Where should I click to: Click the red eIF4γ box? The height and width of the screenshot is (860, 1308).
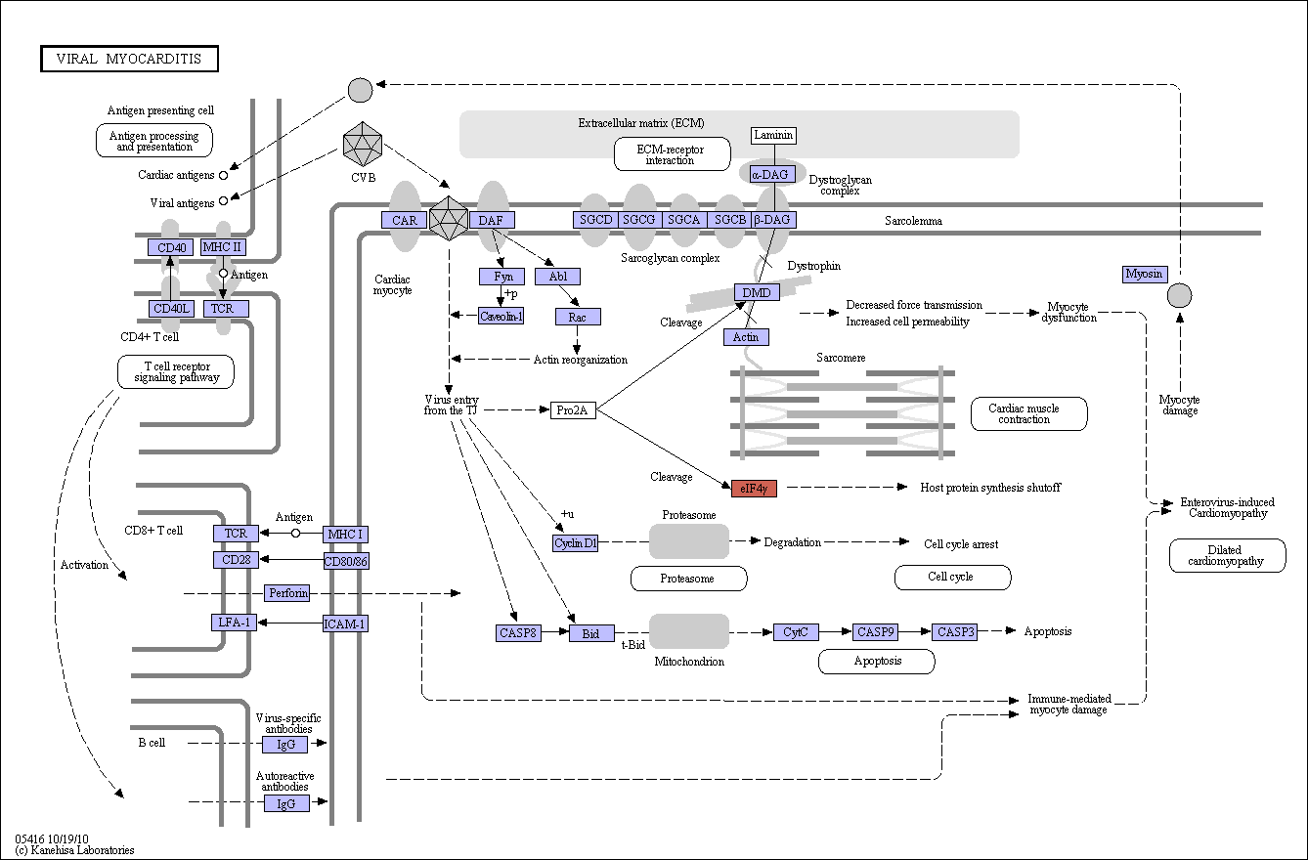tap(754, 488)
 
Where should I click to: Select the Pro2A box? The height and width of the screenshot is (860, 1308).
tap(573, 410)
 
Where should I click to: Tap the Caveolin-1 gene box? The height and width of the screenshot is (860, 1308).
tap(501, 317)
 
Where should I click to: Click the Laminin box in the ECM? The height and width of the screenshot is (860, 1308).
tap(773, 136)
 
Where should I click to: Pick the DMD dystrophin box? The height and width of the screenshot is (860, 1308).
tap(757, 292)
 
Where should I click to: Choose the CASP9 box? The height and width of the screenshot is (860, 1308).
tap(875, 631)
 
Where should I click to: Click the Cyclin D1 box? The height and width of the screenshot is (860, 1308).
tap(575, 543)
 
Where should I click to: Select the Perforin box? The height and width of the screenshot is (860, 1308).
tap(287, 593)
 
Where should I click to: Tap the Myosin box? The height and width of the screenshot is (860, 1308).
tap(1145, 274)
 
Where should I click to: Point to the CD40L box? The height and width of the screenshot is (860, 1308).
tap(171, 308)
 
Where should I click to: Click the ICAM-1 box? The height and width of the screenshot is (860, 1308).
tap(345, 623)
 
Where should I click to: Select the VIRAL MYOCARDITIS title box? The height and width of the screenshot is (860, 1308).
tap(130, 59)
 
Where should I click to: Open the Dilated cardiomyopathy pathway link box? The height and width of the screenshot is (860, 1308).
tap(1227, 556)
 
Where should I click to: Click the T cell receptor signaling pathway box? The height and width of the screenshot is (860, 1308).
tap(176, 372)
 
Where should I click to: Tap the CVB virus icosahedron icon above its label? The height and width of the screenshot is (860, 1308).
tap(363, 145)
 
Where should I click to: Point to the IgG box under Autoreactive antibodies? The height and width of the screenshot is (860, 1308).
tap(286, 804)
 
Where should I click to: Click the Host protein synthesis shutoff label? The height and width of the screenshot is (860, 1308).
tap(990, 488)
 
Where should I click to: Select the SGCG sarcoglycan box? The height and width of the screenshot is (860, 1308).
tap(638, 220)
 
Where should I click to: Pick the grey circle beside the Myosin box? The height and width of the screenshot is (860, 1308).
tap(1180, 295)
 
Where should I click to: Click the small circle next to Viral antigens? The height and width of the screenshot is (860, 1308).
tap(223, 201)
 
